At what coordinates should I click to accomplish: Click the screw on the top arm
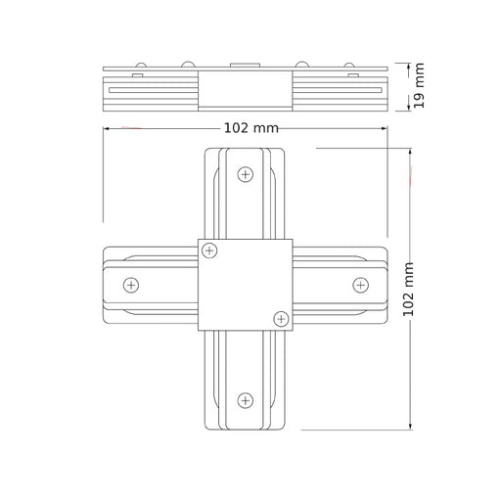tap(246, 174)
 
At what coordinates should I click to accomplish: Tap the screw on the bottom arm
tap(246, 400)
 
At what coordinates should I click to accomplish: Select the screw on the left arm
tap(131, 285)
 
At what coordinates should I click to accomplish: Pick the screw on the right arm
tap(361, 285)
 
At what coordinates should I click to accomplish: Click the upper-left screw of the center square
tap(209, 250)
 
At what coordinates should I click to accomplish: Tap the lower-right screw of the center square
tap(281, 319)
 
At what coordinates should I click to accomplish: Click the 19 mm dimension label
tap(419, 85)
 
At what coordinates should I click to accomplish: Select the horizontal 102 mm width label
tap(251, 128)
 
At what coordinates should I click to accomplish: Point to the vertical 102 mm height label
tap(408, 289)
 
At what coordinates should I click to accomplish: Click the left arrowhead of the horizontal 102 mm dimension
tap(106, 128)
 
